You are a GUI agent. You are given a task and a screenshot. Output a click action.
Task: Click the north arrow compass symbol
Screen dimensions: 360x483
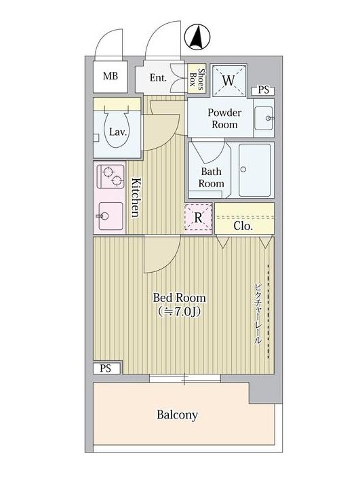[x=197, y=37]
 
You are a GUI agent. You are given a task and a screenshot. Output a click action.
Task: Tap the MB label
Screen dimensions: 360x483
[x=111, y=76]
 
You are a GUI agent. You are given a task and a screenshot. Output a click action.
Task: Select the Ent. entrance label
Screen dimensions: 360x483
[x=158, y=77]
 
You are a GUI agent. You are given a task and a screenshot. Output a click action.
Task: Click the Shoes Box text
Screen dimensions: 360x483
[x=197, y=79]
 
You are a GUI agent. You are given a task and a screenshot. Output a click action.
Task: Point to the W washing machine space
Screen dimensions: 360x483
[x=228, y=81]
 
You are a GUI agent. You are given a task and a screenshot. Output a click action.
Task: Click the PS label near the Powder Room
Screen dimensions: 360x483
[x=263, y=90]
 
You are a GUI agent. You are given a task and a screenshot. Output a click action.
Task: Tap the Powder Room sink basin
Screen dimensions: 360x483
[x=264, y=118]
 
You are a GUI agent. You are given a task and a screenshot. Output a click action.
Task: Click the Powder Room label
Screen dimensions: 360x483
[x=224, y=119]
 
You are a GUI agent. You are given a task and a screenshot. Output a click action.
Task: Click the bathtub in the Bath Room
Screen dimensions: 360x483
[x=254, y=170]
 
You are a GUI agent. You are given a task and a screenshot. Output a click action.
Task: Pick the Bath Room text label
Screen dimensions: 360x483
[x=211, y=178]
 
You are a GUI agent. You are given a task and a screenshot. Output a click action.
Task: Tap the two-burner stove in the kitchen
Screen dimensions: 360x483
[x=111, y=176]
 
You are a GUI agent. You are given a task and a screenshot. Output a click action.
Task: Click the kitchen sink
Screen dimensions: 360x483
[x=111, y=216]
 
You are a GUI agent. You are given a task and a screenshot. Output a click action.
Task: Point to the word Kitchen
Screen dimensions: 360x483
[x=135, y=197]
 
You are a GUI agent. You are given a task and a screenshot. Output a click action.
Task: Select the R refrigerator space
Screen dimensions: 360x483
[x=199, y=218]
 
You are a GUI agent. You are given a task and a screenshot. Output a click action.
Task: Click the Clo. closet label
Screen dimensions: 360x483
[x=243, y=227]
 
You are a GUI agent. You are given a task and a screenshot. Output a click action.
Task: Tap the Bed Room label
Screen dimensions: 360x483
[x=180, y=298]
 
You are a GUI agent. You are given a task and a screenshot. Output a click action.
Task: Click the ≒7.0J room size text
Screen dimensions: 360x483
[x=180, y=312]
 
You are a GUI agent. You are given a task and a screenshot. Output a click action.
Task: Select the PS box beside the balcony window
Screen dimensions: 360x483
[x=106, y=368]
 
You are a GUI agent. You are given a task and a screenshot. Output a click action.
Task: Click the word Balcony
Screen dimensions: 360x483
[x=177, y=414]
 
